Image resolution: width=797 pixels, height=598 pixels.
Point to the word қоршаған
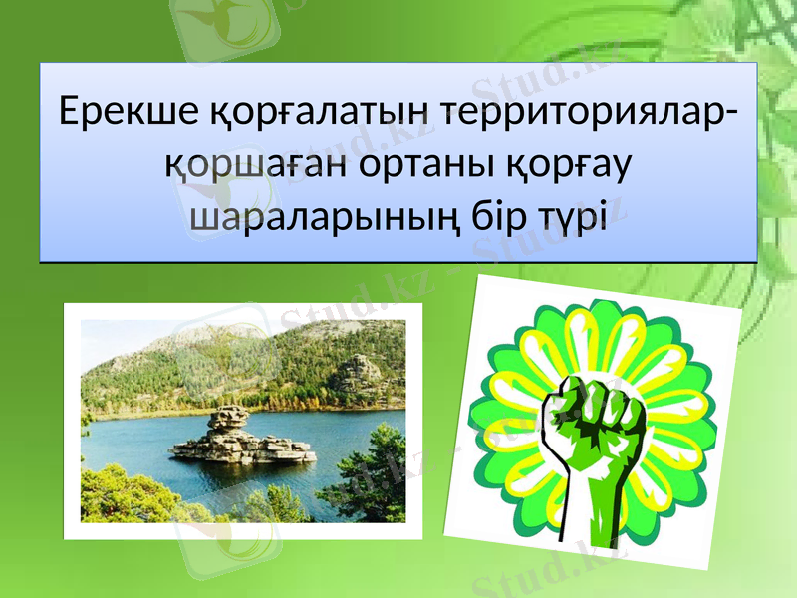tap(253, 163)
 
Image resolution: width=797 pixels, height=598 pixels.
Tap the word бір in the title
tap(499, 216)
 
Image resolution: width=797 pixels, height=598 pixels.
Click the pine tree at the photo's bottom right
tap(374, 478)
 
